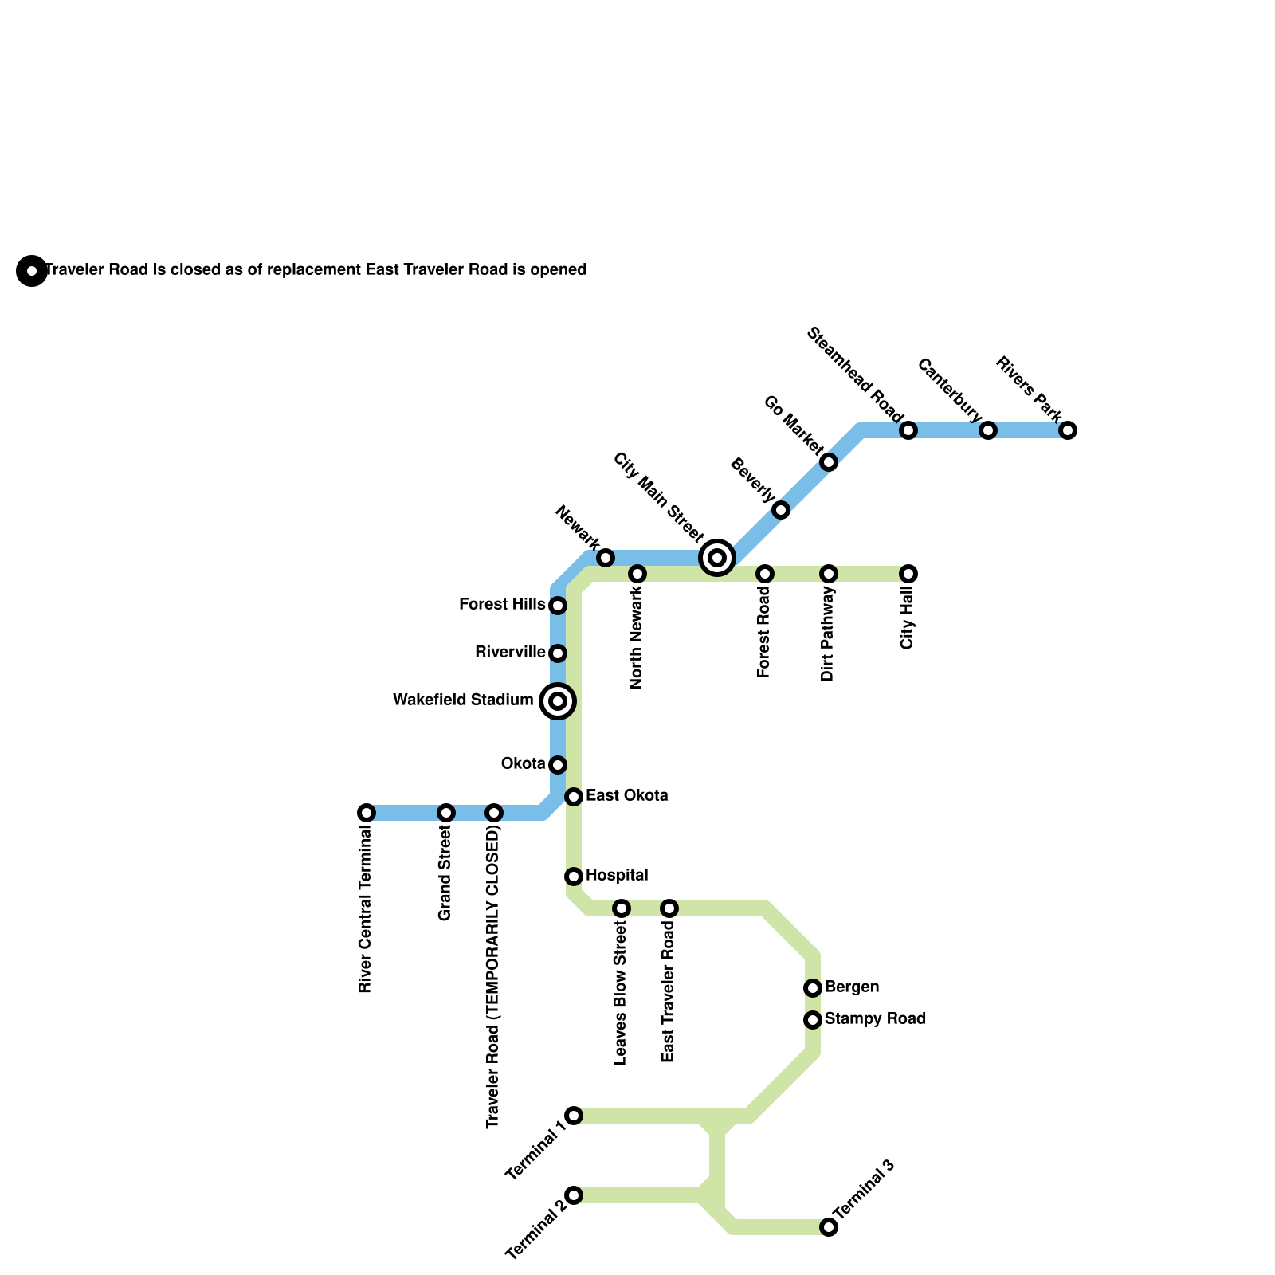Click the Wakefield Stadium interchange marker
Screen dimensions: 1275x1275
click(x=558, y=701)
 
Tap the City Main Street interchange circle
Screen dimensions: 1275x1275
click(x=717, y=558)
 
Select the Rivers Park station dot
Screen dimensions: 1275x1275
click(x=1068, y=430)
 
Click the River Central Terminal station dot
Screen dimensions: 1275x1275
click(x=367, y=813)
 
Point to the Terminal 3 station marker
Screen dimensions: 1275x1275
click(x=829, y=1227)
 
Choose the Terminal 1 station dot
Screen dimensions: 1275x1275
click(x=574, y=1116)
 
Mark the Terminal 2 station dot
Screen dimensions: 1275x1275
click(x=574, y=1195)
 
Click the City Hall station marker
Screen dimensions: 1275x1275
click(x=908, y=574)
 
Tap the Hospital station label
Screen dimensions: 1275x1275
click(x=617, y=876)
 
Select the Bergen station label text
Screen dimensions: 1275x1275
click(x=852, y=987)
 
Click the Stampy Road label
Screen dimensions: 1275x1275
click(x=875, y=1019)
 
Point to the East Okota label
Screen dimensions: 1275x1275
click(x=626, y=796)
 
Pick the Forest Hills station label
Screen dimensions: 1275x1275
click(x=502, y=605)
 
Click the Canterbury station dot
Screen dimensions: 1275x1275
click(x=988, y=430)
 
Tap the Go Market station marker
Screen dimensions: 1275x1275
click(x=829, y=462)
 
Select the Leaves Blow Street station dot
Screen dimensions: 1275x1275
click(x=622, y=908)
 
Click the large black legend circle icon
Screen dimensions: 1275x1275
click(x=32, y=271)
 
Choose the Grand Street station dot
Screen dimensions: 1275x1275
click(x=446, y=813)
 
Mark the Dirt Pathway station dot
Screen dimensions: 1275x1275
click(x=829, y=574)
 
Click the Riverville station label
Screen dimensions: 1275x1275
click(x=510, y=653)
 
